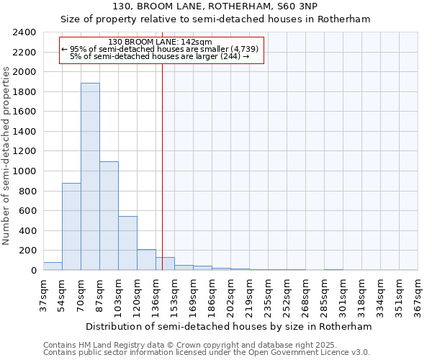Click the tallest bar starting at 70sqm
(x=90, y=176)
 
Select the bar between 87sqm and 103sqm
(x=109, y=216)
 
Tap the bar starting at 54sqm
(x=71, y=227)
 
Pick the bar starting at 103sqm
(x=127, y=243)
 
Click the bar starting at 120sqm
(x=146, y=260)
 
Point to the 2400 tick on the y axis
(x=24, y=33)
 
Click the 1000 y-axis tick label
(x=24, y=171)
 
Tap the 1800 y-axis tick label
(x=24, y=92)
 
